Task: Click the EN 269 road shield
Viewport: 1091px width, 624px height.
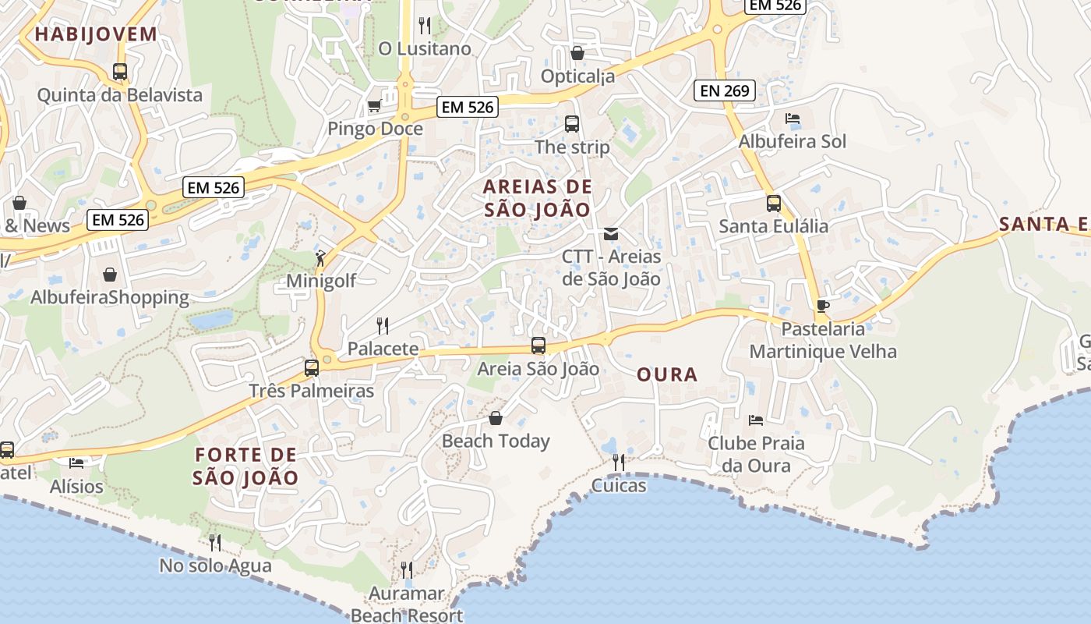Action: pos(725,90)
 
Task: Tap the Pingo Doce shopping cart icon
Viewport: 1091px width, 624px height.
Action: pos(374,105)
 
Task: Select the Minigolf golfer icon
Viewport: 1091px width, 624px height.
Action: pos(320,257)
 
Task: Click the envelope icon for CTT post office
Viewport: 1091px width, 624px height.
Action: pos(611,233)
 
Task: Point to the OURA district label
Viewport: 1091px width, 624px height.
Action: pos(667,375)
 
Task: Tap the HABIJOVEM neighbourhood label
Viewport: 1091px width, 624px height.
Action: pos(96,34)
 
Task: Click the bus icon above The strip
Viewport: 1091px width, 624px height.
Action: pos(572,123)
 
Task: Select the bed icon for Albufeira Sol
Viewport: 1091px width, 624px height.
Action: pos(793,119)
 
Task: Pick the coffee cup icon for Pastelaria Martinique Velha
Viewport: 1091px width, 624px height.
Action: pos(823,306)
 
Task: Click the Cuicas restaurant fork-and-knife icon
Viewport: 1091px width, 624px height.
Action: pos(619,463)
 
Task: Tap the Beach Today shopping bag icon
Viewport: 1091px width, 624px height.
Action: pos(496,418)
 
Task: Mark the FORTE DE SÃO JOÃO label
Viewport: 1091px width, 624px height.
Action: pos(246,466)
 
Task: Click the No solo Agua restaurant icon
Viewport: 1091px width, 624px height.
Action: pos(215,542)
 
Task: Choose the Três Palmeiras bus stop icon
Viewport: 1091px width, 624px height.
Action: pos(312,367)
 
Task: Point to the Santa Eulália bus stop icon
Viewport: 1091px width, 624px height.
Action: pos(774,203)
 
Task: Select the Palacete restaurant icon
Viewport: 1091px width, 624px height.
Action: pos(383,325)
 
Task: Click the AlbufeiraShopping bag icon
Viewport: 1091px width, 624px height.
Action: pos(110,275)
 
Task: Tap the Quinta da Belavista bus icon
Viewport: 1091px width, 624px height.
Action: pos(120,72)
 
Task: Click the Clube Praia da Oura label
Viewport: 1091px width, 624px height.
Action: pos(756,454)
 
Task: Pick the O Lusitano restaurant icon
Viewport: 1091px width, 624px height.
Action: pos(425,26)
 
